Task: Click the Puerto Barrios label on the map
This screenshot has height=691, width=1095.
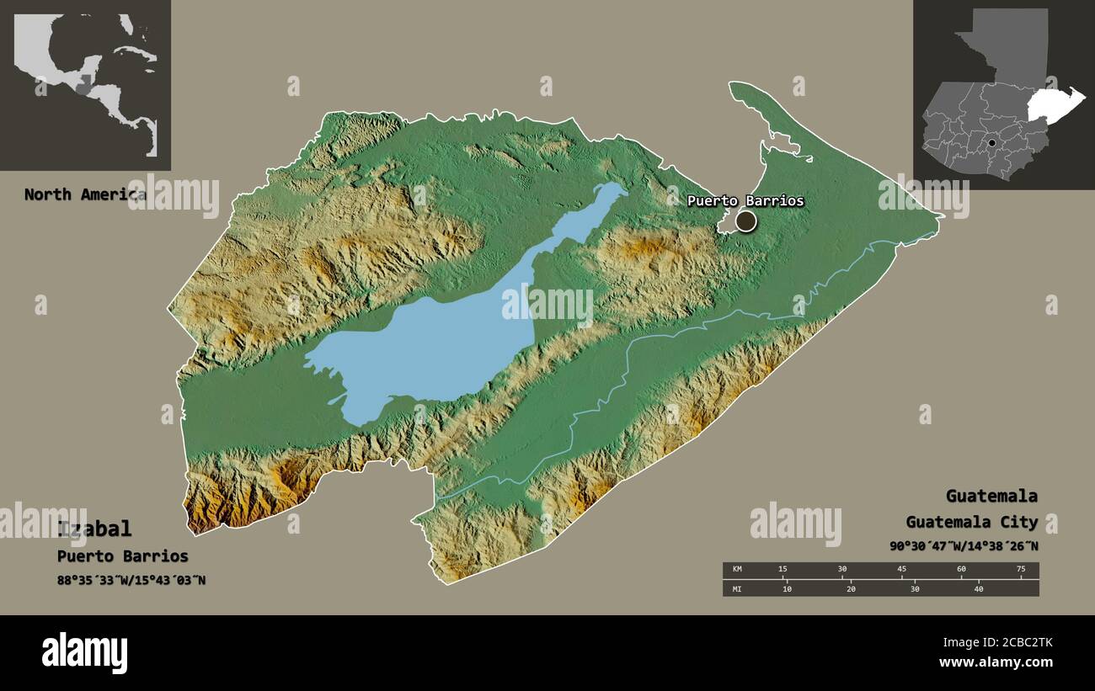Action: tap(745, 201)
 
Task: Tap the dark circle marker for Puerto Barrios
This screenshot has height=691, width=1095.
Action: tap(745, 221)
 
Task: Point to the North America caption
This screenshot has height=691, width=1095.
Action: tap(84, 194)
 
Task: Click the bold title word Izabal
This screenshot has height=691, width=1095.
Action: tap(94, 529)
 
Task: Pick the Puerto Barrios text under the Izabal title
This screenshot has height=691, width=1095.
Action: tap(123, 556)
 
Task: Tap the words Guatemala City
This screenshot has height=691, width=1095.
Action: tap(971, 523)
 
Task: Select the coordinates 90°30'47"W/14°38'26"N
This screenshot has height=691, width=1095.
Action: tap(964, 546)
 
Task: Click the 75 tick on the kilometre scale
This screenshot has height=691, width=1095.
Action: tap(1021, 570)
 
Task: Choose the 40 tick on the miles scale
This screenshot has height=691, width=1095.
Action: tap(979, 588)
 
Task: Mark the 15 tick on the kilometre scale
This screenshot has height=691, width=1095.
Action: tap(783, 570)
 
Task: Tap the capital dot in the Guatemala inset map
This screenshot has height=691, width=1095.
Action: tap(991, 143)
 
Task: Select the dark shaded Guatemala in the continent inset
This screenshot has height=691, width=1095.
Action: tap(83, 87)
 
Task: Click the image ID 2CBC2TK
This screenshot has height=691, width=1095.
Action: tap(1012, 643)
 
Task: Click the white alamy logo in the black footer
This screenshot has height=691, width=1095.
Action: tap(84, 653)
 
